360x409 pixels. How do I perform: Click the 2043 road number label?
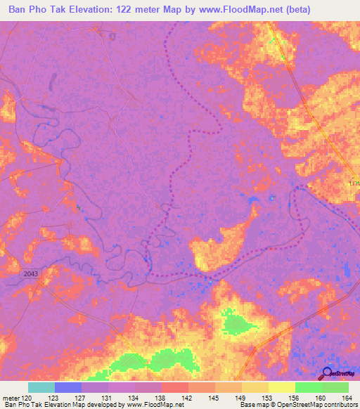coord(31,273)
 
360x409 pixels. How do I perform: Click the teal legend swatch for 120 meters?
coord(41,387)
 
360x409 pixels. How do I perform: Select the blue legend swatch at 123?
coord(67,387)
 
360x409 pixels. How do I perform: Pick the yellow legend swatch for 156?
coord(281,387)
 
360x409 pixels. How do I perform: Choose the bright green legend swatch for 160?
coord(308,387)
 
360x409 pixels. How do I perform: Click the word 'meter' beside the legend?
coord(10,397)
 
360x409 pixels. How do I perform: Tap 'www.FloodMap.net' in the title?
coord(231,11)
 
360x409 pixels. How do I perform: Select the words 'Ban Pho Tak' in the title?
coord(35,11)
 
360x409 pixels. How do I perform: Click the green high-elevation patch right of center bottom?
coord(238,323)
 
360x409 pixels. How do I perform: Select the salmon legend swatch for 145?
coord(201,387)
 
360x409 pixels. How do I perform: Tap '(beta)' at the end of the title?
coord(295,11)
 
